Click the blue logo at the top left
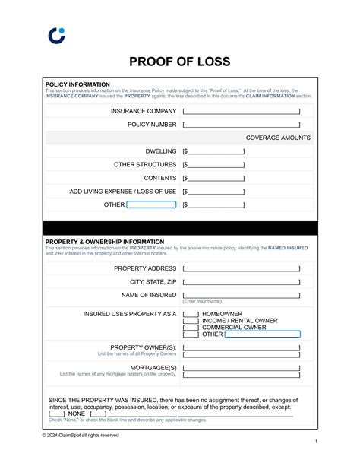pos(56,35)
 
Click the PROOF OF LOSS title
pos(180,62)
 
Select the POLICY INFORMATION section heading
pos(77,84)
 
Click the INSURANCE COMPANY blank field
pos(242,111)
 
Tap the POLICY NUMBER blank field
pos(242,125)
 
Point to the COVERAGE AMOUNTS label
pos(278,138)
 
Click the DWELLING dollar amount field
pos(215,151)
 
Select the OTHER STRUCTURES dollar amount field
pos(215,165)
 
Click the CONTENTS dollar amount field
pos(215,178)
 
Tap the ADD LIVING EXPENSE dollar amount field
pos(215,192)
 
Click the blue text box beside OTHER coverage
pos(151,204)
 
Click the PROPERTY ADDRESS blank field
pos(242,268)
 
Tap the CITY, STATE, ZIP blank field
pos(242,282)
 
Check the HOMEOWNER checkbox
pos(191,314)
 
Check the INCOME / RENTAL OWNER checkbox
pos(191,321)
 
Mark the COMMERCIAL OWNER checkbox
pos(191,328)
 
